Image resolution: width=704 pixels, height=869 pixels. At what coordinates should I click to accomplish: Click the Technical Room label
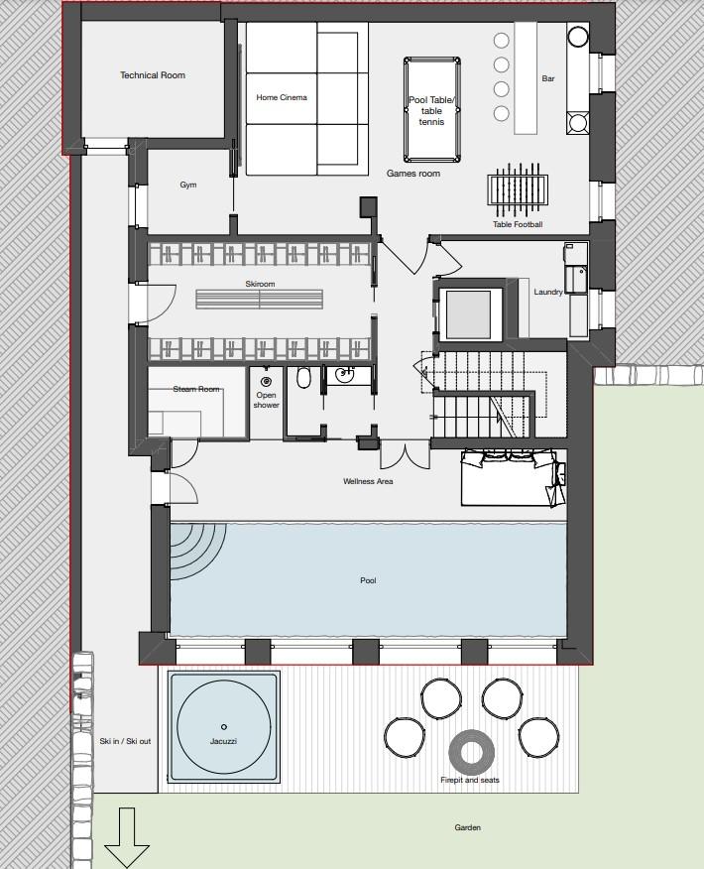[x=153, y=75]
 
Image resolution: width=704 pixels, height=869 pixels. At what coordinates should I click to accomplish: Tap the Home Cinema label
[x=282, y=97]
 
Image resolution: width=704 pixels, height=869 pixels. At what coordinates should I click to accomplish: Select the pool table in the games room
[x=431, y=110]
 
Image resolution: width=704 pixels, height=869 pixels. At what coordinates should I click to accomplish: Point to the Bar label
[x=547, y=78]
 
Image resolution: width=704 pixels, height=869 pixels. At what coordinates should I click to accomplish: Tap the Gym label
[x=188, y=185]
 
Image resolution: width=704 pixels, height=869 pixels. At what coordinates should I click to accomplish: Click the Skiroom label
[x=260, y=284]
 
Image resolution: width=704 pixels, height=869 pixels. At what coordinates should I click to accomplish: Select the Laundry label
[x=548, y=293]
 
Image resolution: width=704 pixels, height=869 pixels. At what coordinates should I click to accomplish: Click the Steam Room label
[x=196, y=389]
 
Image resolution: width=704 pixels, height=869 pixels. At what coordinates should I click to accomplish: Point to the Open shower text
[x=266, y=400]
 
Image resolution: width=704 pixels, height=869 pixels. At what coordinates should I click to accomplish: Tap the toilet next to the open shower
[x=304, y=378]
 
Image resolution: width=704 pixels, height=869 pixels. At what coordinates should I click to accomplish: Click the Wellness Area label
[x=369, y=481]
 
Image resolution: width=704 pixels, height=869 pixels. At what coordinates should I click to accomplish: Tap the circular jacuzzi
[x=223, y=727]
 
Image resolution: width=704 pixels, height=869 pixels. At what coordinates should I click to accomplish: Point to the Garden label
[x=467, y=827]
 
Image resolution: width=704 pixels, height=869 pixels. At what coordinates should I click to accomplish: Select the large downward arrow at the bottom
[x=126, y=837]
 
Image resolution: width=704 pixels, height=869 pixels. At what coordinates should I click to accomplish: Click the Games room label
[x=412, y=174]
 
